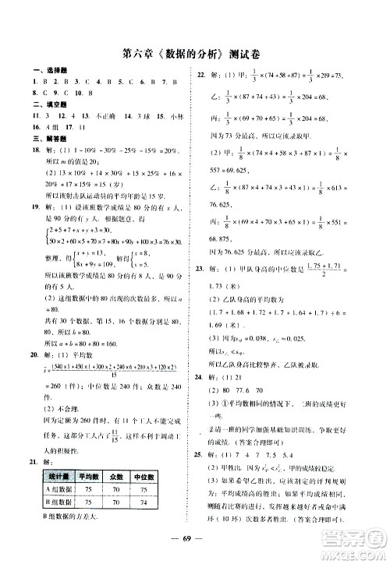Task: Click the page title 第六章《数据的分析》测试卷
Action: point(193,55)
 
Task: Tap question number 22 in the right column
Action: point(200,75)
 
